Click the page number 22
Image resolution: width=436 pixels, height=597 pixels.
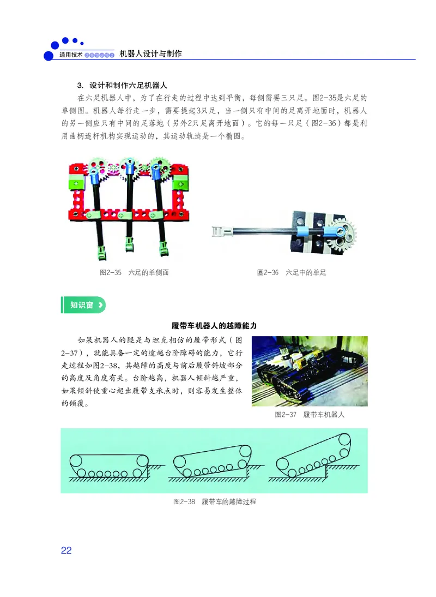pyautogui.click(x=66, y=550)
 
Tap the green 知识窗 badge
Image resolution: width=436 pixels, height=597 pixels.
pyautogui.click(x=83, y=305)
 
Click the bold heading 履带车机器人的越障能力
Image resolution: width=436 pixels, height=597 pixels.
pyautogui.click(x=214, y=325)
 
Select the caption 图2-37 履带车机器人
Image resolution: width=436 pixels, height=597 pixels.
pyautogui.click(x=310, y=415)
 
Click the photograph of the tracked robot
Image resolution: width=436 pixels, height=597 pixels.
pyautogui.click(x=309, y=371)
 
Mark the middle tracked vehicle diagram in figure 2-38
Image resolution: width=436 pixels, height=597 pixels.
pyautogui.click(x=210, y=462)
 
